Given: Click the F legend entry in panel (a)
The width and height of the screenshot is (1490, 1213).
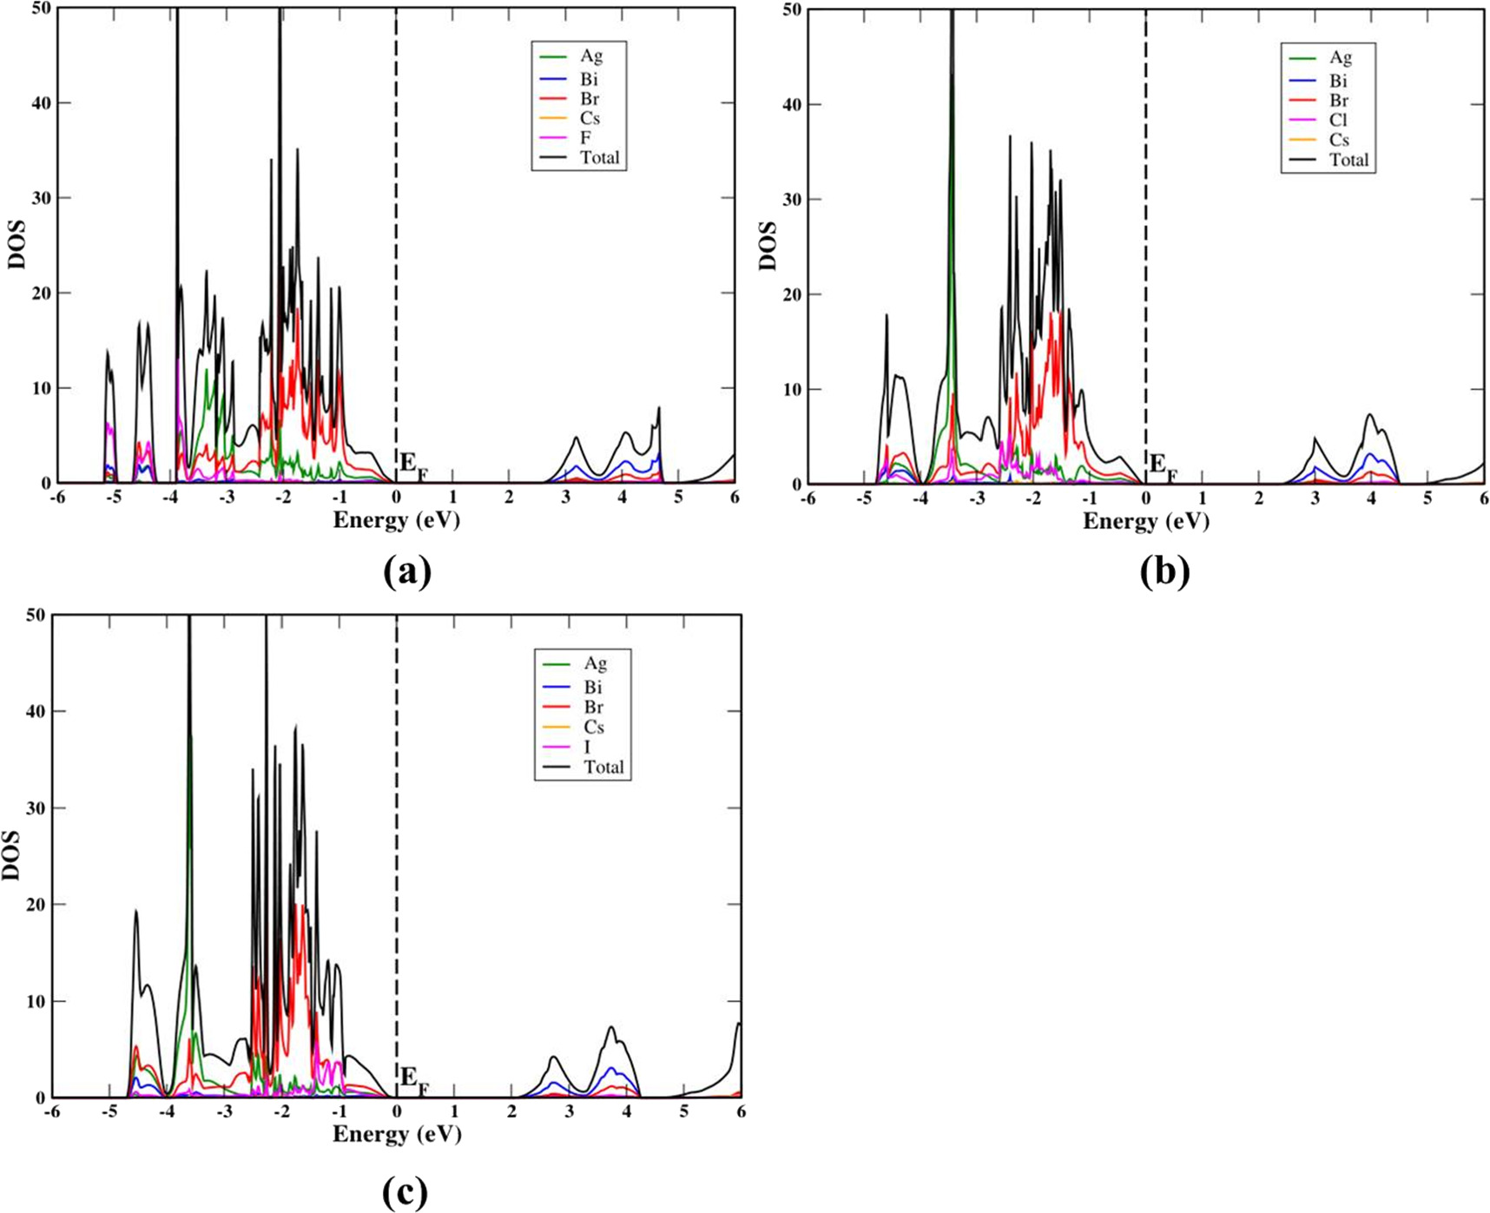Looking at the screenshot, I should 586,138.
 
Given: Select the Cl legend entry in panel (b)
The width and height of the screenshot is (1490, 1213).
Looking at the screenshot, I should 1337,120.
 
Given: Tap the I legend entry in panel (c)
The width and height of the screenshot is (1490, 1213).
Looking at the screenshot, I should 588,747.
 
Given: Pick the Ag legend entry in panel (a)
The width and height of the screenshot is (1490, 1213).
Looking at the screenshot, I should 591,56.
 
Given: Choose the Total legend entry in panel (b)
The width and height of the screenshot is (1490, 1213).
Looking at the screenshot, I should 1348,160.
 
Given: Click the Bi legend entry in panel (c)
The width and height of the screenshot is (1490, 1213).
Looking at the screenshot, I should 594,687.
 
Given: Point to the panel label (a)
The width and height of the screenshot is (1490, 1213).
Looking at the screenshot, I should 406,571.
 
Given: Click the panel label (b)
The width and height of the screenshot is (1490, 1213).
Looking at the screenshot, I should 1164,571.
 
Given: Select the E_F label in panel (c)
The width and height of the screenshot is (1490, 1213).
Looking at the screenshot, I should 413,1080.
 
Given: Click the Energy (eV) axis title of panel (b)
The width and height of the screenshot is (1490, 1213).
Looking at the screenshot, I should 1145,521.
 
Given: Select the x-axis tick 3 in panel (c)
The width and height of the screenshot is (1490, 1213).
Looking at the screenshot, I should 569,1112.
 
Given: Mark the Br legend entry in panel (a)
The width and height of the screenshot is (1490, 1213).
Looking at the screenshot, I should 590,98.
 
